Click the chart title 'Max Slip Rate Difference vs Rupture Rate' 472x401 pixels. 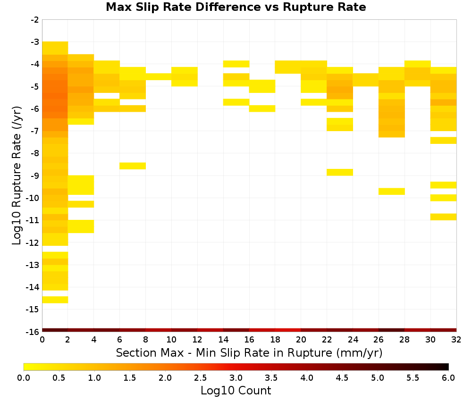(236, 7)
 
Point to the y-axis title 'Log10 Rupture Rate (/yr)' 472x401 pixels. (17, 175)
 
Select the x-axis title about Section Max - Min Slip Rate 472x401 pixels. (249, 352)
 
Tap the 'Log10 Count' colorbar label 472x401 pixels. (236, 391)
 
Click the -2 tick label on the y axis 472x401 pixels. (35, 20)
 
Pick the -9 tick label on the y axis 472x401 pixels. (35, 175)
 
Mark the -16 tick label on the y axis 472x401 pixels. (33, 332)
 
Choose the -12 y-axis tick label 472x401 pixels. (33, 243)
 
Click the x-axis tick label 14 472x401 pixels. (223, 340)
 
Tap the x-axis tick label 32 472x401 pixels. (456, 340)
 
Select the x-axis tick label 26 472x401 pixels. (379, 340)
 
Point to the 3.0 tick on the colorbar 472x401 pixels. (236, 377)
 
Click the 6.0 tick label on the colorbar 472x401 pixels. (448, 377)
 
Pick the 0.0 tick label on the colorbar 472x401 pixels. (24, 377)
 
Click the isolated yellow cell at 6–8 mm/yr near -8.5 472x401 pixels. (133, 166)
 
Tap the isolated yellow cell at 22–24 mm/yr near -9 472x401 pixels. (340, 172)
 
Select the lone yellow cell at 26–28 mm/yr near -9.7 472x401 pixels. (392, 192)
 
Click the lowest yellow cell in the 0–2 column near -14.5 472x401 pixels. (55, 300)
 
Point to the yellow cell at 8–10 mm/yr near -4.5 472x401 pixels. (159, 77)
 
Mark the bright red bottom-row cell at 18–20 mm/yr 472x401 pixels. (288, 330)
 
